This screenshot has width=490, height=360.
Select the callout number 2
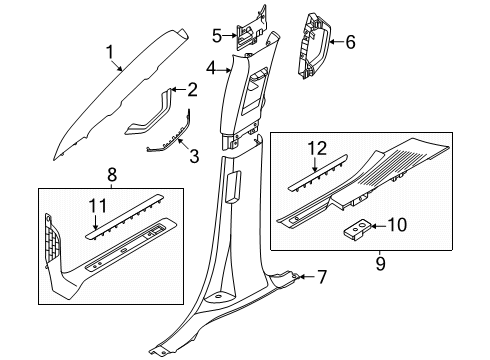[192, 90]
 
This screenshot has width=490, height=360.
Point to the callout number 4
[212, 68]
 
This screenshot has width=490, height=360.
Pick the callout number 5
[216, 36]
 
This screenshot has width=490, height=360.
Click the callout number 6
[350, 42]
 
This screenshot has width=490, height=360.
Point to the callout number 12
[317, 148]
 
